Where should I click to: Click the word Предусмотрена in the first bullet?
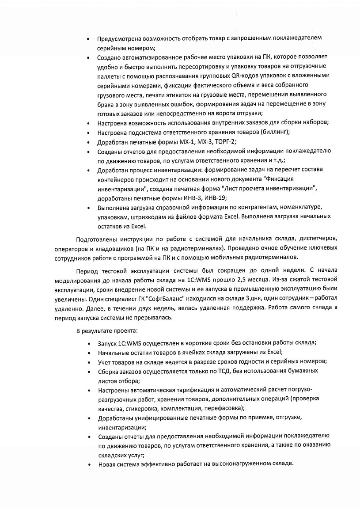click(119, 38)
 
